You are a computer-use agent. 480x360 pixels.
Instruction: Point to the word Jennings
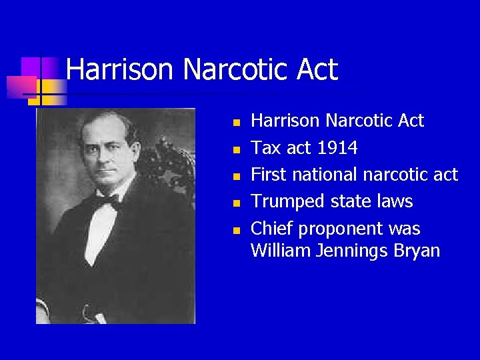352,251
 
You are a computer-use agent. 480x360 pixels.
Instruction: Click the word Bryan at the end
417,251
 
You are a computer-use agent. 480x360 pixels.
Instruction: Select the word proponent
340,229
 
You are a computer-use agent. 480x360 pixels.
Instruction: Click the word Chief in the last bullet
271,229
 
